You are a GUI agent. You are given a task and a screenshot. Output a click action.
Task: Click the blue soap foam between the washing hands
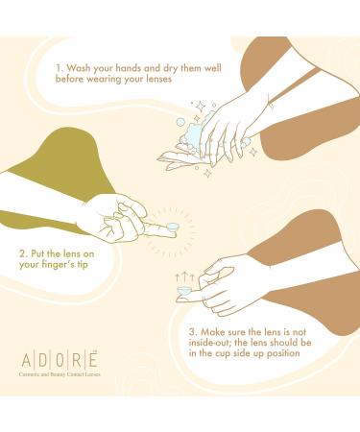(x=192, y=140)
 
